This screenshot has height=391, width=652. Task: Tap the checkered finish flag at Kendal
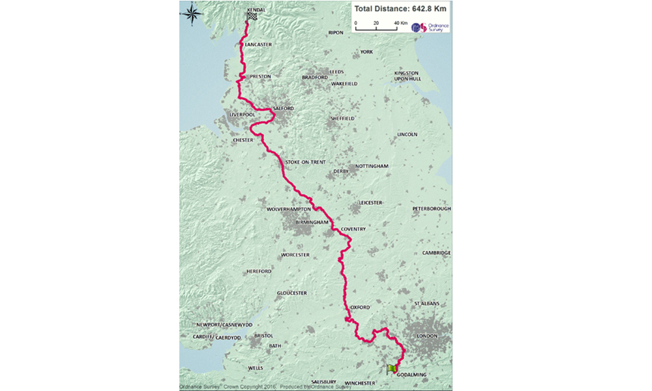251,18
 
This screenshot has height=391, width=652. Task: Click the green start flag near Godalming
391,369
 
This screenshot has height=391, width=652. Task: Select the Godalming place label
411,375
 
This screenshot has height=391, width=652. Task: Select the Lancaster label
258,44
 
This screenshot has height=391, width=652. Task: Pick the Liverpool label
242,115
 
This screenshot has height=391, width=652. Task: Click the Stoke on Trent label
305,162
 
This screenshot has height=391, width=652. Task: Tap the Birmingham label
310,222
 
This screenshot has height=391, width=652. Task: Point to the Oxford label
360,307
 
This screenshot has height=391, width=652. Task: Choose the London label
426,336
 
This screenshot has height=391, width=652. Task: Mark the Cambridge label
436,253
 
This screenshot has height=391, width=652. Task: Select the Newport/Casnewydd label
224,325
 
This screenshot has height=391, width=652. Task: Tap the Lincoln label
407,135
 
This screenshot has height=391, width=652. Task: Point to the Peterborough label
431,209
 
